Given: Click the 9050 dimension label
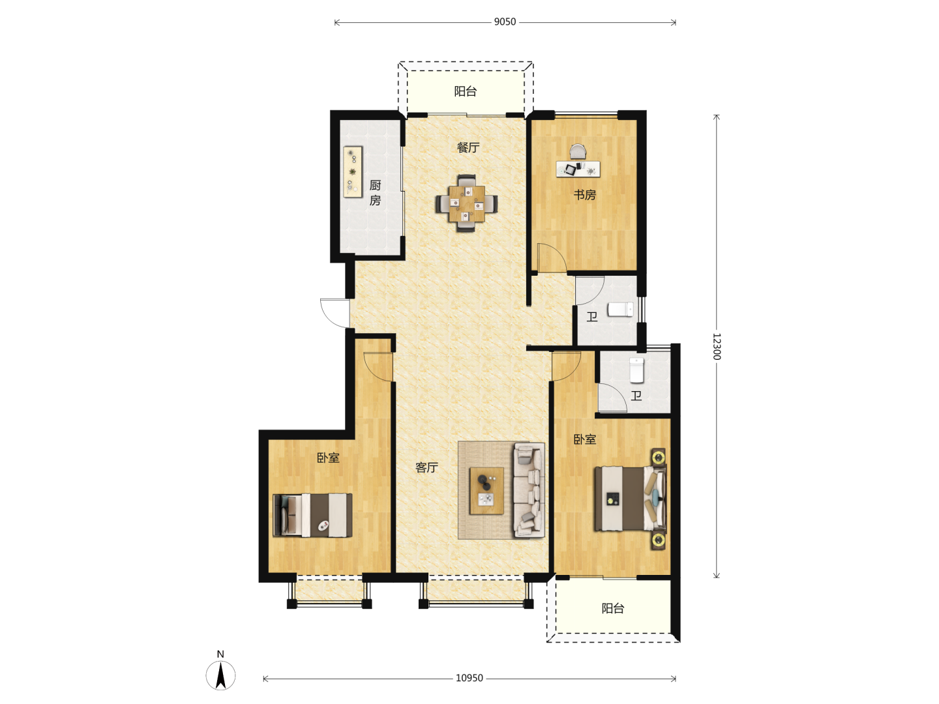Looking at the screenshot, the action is [x=505, y=22].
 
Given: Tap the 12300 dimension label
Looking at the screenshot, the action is [x=717, y=346].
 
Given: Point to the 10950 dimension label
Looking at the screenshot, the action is [x=469, y=678].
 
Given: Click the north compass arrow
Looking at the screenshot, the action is [x=221, y=675].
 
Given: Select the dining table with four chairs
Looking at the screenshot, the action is [x=466, y=203].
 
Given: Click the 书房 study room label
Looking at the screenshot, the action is [x=585, y=195].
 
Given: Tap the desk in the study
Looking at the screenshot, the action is [x=578, y=168].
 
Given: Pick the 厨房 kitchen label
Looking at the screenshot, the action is [x=375, y=193].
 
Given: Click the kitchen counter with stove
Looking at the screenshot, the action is [x=353, y=172].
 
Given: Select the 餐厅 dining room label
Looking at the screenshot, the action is [x=468, y=147].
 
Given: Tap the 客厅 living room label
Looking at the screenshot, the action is [x=426, y=467].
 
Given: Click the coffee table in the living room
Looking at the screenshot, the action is [x=487, y=491].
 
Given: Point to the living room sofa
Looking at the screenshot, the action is [x=529, y=490].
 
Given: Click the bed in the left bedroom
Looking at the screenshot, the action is [x=313, y=516].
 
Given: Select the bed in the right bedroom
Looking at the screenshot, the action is [x=631, y=499].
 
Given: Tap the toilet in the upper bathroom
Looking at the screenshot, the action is [x=621, y=310].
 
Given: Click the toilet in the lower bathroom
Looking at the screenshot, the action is [x=636, y=370].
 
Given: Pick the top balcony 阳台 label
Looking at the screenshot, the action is [x=466, y=91].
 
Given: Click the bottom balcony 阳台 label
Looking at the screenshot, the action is [x=613, y=608].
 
